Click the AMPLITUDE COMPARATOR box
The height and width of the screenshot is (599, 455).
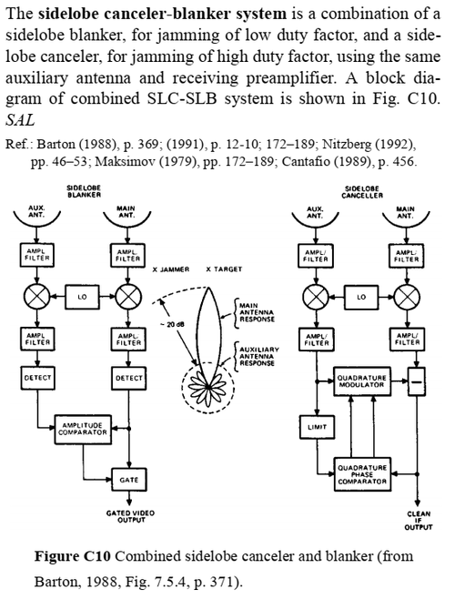pyautogui.click(x=83, y=429)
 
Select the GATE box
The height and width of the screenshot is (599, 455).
pyautogui.click(x=128, y=480)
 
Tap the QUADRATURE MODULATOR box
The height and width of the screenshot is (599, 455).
pyautogui.click(x=361, y=381)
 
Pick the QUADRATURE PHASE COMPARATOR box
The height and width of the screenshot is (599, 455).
pyautogui.click(x=362, y=474)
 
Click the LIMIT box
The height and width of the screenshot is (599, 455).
pyautogui.click(x=317, y=427)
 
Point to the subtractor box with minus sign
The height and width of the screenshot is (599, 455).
pyautogui.click(x=416, y=381)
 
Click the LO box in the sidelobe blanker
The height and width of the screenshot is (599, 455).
pyautogui.click(x=82, y=297)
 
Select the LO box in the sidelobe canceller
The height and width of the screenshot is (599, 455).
pyautogui.click(x=361, y=297)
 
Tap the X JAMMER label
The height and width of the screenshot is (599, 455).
pyautogui.click(x=171, y=269)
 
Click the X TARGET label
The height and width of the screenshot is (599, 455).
pyautogui.click(x=224, y=269)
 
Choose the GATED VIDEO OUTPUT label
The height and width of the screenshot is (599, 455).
pyautogui.click(x=130, y=516)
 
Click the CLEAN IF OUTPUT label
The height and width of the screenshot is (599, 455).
pyautogui.click(x=419, y=521)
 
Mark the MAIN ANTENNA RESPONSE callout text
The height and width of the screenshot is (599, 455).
pyautogui.click(x=257, y=312)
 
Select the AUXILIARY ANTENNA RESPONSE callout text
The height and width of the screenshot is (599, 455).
pyautogui.click(x=259, y=356)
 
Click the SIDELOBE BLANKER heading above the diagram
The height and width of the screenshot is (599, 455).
pyautogui.click(x=84, y=191)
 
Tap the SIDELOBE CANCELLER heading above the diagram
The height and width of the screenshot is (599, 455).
pyautogui.click(x=362, y=192)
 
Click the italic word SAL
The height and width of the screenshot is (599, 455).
pyautogui.click(x=20, y=120)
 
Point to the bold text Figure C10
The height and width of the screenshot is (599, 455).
pyautogui.click(x=73, y=556)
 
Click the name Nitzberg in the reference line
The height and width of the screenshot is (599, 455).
pyautogui.click(x=347, y=144)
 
